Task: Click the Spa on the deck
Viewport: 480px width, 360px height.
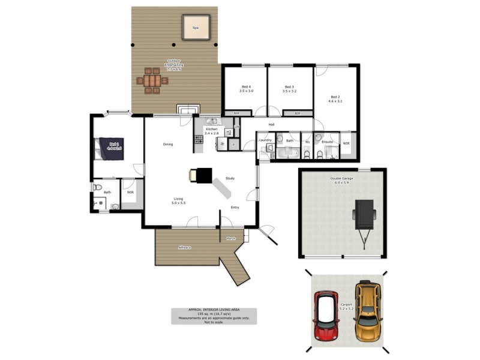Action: (x=196, y=27)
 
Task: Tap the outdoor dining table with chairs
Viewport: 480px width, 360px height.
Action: (x=152, y=80)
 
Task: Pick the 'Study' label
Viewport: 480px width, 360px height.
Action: (x=230, y=178)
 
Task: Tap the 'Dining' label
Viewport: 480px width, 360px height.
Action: (x=167, y=144)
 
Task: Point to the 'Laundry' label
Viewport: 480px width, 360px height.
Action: (x=265, y=140)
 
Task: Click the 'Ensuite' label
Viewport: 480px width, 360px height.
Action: (x=327, y=142)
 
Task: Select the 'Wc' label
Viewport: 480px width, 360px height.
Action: (x=307, y=142)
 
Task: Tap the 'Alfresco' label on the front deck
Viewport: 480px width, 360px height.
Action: (x=184, y=247)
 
